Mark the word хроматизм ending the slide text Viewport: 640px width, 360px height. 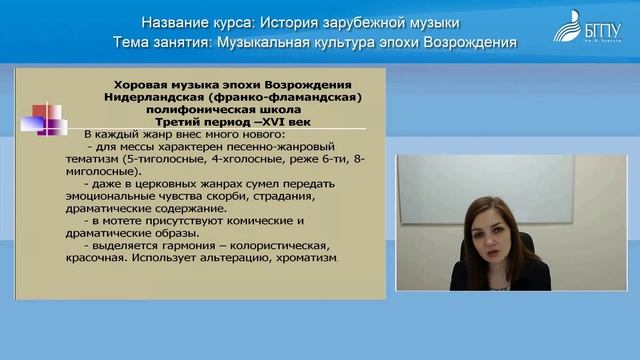[304, 257]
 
